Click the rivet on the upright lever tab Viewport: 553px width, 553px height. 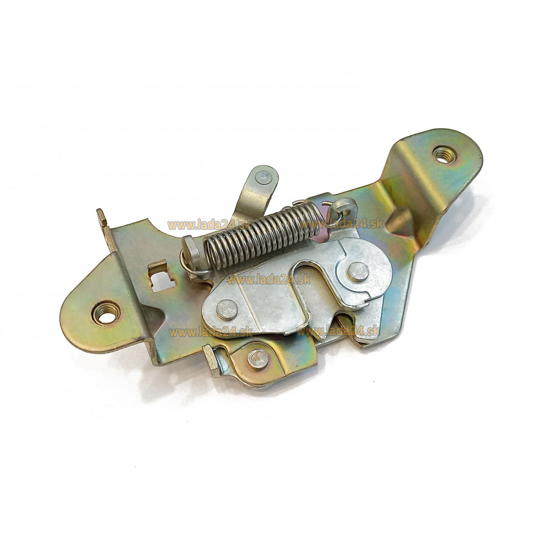point(263,176)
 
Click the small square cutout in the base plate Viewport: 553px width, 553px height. point(158,273)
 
